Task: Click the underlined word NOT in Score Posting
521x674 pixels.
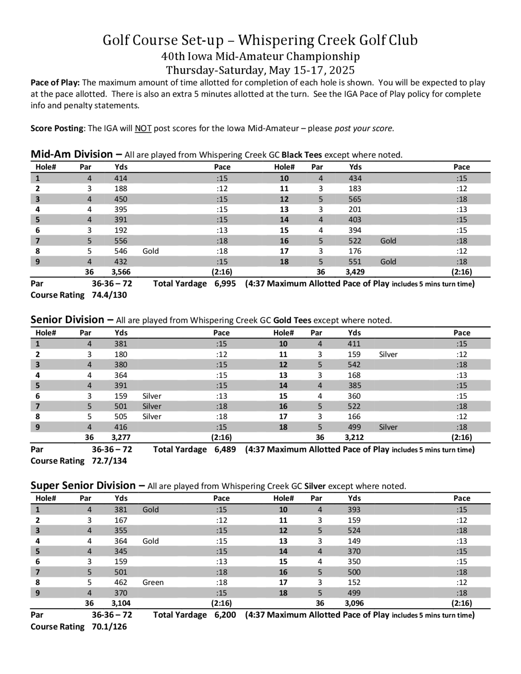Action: [x=143, y=128]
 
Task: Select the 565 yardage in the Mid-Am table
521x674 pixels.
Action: [x=355, y=199]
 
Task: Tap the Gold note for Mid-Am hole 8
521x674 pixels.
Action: [x=151, y=251]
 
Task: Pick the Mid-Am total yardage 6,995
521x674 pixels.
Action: [x=225, y=284]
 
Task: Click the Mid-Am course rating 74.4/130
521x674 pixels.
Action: [x=109, y=295]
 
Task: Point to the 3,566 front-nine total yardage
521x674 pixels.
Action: [x=121, y=272]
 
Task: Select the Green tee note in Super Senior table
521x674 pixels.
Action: [x=153, y=582]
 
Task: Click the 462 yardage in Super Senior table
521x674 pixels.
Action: [x=121, y=582]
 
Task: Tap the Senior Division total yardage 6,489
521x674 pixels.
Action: [x=225, y=449]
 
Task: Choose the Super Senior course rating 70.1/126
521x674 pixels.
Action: [x=109, y=627]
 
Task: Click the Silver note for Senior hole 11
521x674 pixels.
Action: [x=388, y=354]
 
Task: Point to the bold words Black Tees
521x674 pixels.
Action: [x=302, y=155]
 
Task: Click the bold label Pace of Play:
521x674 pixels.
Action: [x=55, y=83]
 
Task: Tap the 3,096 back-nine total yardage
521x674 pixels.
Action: [x=354, y=603]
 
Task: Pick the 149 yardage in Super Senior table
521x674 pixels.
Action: [x=354, y=541]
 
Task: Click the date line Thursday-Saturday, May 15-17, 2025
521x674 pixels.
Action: [x=260, y=70]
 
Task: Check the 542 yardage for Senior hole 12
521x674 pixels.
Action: [x=354, y=364]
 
